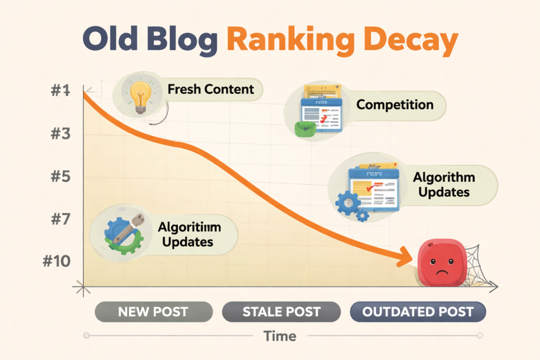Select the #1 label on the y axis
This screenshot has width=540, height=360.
60,91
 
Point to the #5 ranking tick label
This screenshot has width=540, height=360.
60,177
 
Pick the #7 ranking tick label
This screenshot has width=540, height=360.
60,219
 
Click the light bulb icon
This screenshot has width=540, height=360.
140,95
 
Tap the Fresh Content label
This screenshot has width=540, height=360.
210,89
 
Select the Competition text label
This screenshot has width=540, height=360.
395,104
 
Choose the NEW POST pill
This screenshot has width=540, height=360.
153,312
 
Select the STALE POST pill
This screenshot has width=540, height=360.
281,312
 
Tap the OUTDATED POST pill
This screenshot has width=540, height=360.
417,312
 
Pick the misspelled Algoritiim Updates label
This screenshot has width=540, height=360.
188,235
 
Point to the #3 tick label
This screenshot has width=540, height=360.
60,134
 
